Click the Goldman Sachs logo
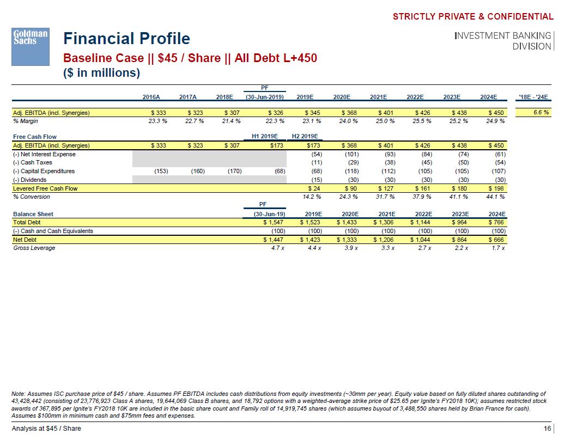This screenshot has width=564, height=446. pos(31,46)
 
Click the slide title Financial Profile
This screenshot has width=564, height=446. pos(126,39)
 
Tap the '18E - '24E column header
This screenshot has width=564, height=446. pos(535,97)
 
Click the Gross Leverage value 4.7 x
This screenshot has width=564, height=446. pos(277,248)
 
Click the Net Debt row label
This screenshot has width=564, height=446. pos(25,239)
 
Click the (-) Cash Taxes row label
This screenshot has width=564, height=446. pos(33,162)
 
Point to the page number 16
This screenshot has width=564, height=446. pos(547,429)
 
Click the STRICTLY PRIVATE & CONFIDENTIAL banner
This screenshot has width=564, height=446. pos(472,17)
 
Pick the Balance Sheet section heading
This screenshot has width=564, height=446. pos(33,214)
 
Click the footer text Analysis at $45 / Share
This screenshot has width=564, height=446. pos(46,429)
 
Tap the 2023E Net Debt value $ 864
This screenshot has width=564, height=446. pos(459,239)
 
